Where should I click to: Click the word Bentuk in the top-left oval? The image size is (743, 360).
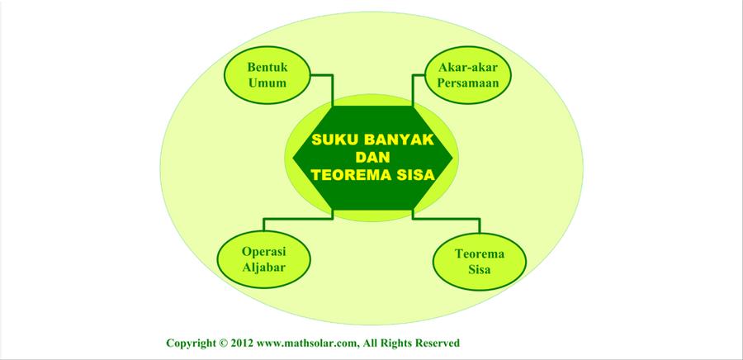click(267, 67)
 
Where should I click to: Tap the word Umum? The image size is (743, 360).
click(267, 83)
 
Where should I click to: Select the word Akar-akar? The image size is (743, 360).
click(468, 67)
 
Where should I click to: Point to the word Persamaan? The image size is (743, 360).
click(468, 83)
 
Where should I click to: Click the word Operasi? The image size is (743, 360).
click(264, 251)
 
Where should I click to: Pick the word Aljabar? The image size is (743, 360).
click(264, 268)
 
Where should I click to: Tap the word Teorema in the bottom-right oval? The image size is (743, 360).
click(480, 253)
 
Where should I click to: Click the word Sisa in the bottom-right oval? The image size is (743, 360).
click(480, 270)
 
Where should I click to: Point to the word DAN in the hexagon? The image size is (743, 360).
click(372, 157)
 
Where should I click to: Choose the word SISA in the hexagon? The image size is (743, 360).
click(417, 175)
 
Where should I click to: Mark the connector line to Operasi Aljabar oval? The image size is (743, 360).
click(298, 218)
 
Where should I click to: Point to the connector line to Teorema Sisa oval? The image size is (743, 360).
click(446, 218)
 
